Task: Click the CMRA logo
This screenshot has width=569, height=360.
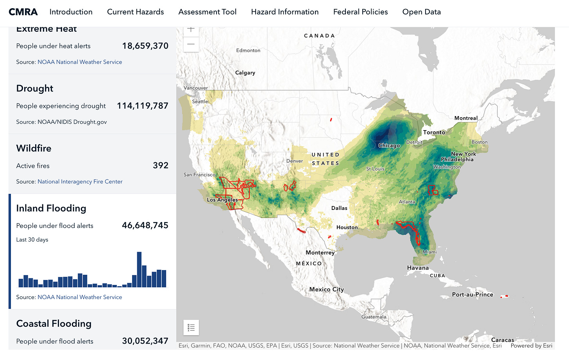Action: (23, 12)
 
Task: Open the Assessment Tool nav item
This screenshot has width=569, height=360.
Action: (207, 12)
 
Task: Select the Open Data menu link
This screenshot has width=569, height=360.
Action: (421, 12)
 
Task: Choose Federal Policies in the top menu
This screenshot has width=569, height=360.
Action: (360, 12)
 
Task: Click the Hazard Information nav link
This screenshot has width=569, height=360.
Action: (284, 12)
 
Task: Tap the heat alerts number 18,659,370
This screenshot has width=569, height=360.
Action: (145, 46)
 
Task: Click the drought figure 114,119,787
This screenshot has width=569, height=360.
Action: (143, 106)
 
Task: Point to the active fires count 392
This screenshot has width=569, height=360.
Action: (161, 166)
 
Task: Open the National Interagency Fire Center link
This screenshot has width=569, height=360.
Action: (80, 182)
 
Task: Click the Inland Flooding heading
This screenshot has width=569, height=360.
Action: (51, 208)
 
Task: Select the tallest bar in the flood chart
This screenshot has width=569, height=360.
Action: (139, 270)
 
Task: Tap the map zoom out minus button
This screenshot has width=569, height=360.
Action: (191, 44)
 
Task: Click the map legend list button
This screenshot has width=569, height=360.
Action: (191, 328)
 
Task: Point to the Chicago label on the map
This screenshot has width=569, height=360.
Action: (389, 146)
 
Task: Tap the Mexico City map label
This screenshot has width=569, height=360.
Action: (326, 290)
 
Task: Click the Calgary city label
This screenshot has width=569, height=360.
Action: (245, 73)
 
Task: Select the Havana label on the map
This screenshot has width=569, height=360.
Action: (418, 268)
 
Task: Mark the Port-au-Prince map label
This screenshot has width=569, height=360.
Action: (472, 295)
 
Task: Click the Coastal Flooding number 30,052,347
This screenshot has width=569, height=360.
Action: (145, 341)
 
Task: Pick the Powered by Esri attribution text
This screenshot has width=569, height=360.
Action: (531, 346)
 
